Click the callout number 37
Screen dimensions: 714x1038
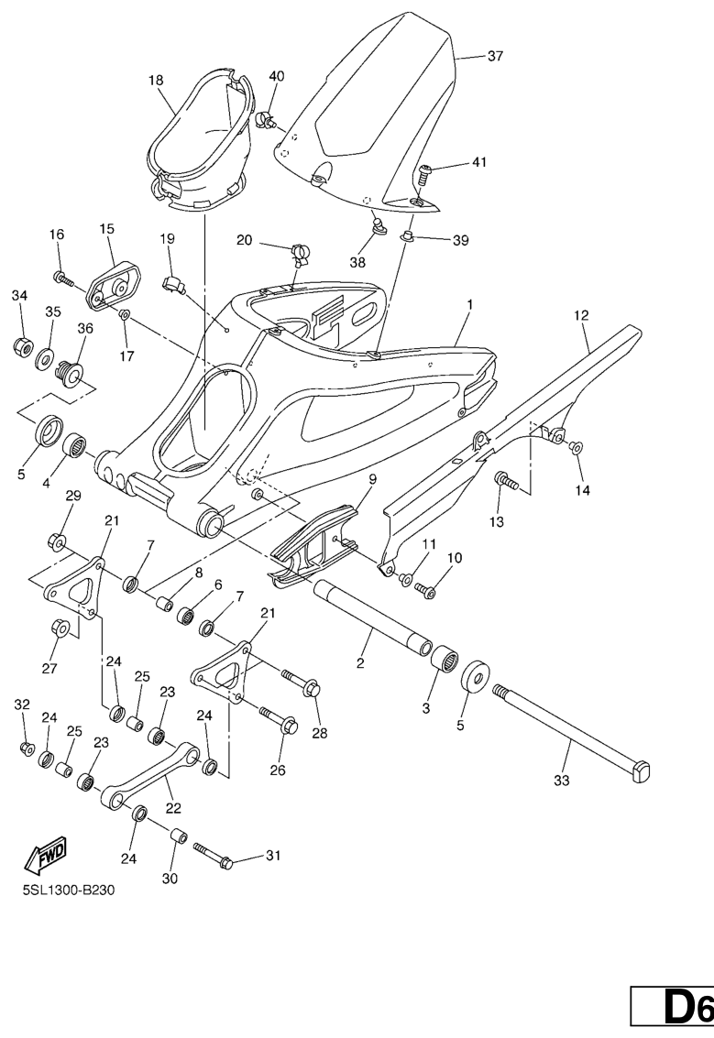(x=496, y=56)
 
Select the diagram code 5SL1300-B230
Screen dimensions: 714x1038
(x=69, y=890)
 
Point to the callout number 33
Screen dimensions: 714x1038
(x=562, y=781)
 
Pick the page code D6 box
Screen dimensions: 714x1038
(x=672, y=1009)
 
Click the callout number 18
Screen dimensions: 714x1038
(x=156, y=81)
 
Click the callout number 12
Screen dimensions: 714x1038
(x=581, y=316)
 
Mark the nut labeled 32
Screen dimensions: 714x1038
(x=26, y=748)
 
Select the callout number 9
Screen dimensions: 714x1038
(x=372, y=479)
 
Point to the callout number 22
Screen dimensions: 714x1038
(x=173, y=808)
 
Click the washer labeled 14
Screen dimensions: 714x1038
(x=576, y=447)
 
